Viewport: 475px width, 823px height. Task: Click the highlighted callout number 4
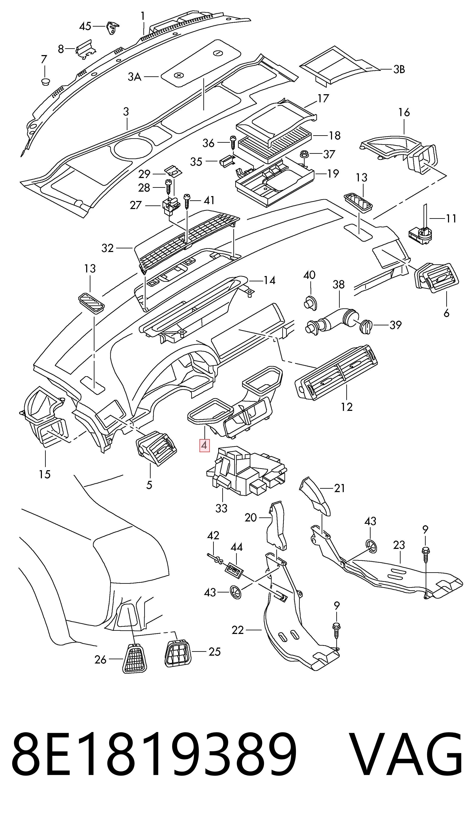click(x=204, y=445)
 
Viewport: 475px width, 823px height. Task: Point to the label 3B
click(x=399, y=70)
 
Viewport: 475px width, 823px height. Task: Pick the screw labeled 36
click(x=233, y=142)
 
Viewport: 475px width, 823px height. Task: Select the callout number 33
click(x=221, y=508)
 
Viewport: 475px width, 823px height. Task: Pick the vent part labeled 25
click(x=178, y=652)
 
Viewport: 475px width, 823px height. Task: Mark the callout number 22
click(x=238, y=630)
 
